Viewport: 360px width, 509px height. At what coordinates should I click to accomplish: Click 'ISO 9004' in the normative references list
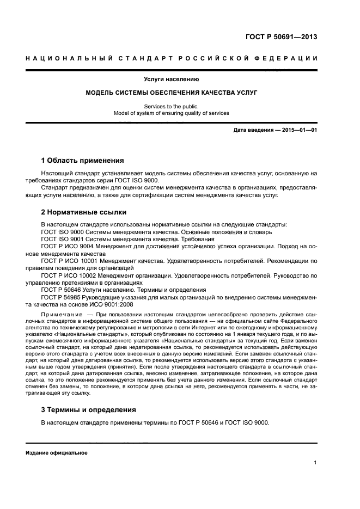pyautogui.click(x=74, y=246)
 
